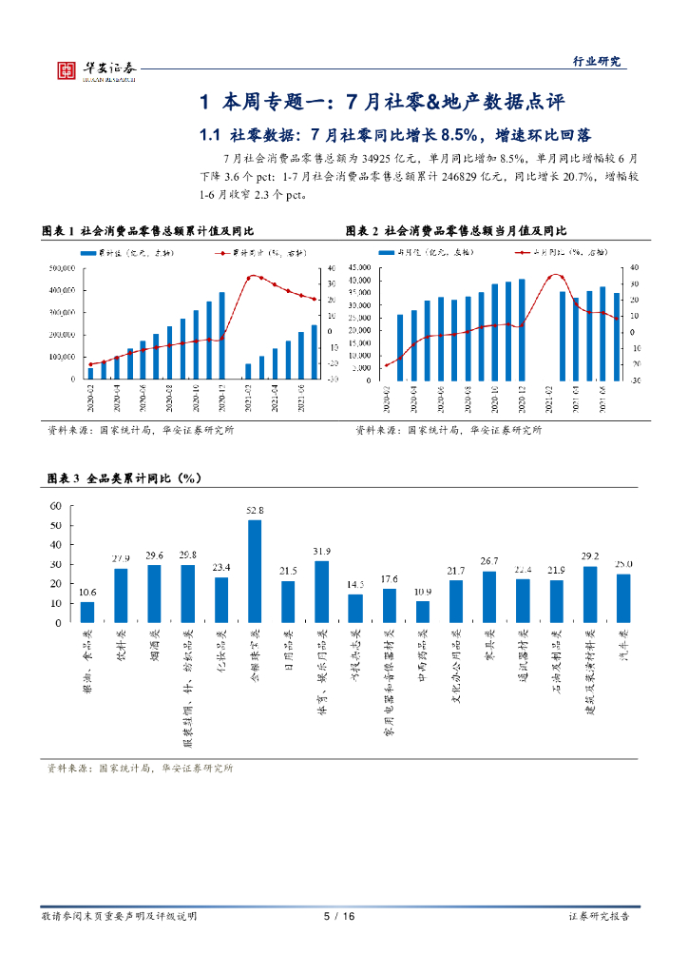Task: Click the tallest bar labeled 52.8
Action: (x=255, y=571)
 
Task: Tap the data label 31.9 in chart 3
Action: (x=322, y=552)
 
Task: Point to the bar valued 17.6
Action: (x=389, y=605)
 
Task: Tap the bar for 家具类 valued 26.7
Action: (x=489, y=596)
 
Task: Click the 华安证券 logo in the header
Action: (x=95, y=68)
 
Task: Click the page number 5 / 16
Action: (x=339, y=916)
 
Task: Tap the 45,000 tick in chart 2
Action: (x=357, y=267)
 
